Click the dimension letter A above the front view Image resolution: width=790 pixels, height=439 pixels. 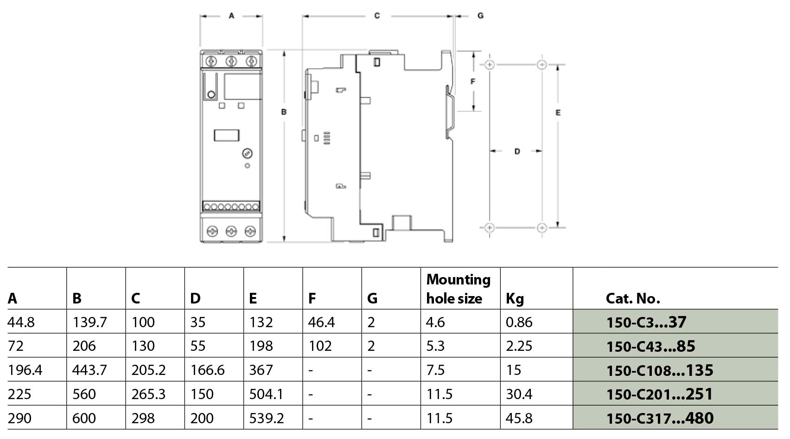tap(231, 16)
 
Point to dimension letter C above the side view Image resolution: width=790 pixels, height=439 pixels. tap(377, 16)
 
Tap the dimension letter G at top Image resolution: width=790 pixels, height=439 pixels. tap(480, 16)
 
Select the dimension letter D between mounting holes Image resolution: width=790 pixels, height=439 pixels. tap(517, 151)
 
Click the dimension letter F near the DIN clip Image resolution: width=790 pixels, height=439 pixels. tap(473, 82)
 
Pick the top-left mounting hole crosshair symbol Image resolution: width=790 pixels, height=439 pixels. tap(490, 65)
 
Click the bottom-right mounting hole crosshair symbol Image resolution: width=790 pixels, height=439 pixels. tap(542, 228)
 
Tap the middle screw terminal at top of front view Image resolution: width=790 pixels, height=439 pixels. tap(231, 62)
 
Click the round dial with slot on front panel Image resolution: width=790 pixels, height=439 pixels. tap(247, 154)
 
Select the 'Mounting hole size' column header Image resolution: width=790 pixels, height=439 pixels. tap(458, 289)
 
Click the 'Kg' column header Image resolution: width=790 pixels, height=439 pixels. tap(515, 299)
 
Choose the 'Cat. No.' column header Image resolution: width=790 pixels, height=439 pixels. tap(633, 299)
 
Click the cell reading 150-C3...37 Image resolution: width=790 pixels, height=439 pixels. tap(646, 322)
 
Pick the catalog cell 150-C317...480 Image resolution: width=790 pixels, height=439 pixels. tap(660, 418)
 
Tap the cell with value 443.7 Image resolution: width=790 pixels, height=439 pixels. tap(89, 370)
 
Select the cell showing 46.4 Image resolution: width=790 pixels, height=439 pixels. tap(321, 322)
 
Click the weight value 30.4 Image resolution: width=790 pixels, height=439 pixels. tap(519, 394)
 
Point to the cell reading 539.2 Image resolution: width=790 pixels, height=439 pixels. tap(266, 418)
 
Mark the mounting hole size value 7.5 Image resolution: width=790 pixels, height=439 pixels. tap(435, 370)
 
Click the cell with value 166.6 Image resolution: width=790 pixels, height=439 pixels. tap(207, 370)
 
